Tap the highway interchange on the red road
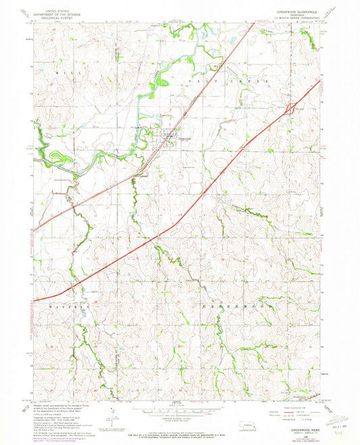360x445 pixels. (x=289, y=108)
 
